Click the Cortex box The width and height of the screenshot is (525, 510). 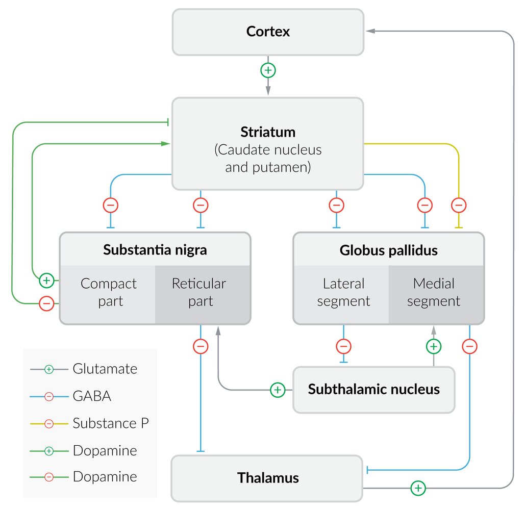pos(268,32)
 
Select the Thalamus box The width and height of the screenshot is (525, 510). pos(268,478)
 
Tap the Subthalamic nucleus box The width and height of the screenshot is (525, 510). pos(373,390)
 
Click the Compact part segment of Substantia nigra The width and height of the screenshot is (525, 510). pos(108,292)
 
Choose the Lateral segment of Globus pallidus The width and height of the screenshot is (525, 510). pos(343,292)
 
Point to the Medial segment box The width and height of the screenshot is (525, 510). pos(434,292)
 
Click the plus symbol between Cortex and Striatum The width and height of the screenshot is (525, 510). pos(268,70)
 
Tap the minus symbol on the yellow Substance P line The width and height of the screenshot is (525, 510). pos(459,206)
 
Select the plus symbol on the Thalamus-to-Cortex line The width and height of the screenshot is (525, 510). pos(418,488)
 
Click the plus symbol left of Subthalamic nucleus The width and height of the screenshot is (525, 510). pos(277,390)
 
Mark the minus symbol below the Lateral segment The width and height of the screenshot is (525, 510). pos(343,347)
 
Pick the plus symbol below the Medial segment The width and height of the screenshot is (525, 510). pos(433,347)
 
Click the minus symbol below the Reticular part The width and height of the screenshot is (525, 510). pos(201,347)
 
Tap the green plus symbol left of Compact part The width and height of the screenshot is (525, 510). pos(46,280)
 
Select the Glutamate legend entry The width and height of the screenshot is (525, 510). pos(105,369)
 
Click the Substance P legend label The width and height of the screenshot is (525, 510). pos(110,423)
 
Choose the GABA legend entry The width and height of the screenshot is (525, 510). pos(92,396)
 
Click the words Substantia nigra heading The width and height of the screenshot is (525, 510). pos(155,250)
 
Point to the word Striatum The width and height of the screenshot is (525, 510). pos(268,132)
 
